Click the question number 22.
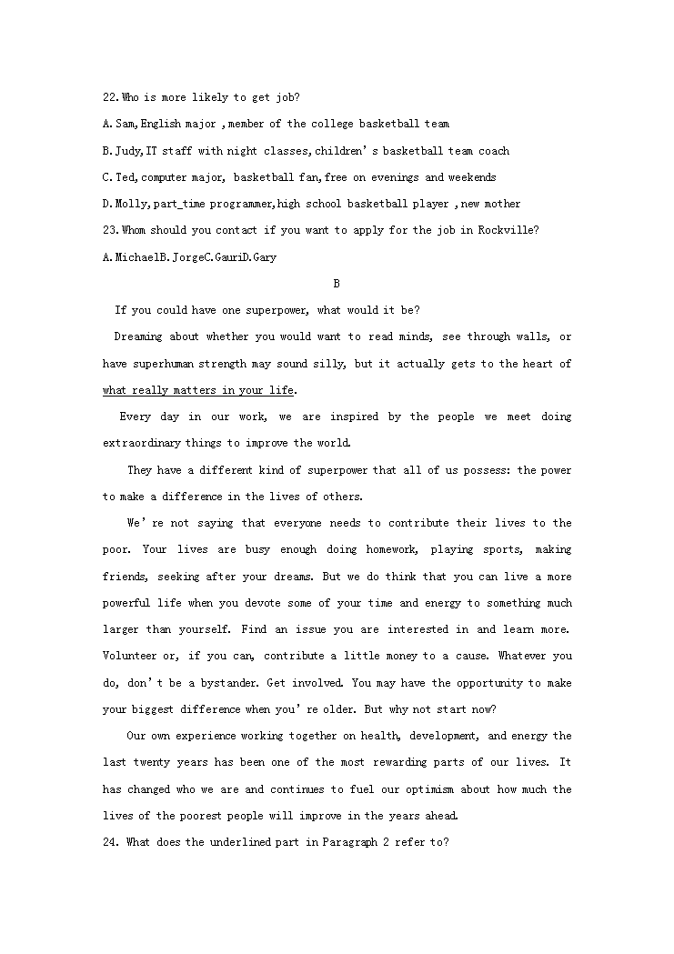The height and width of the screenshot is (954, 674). coord(110,97)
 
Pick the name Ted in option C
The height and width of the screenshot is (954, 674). coord(126,177)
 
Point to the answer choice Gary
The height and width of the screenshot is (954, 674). coord(263,257)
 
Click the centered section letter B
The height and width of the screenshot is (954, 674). coord(337,284)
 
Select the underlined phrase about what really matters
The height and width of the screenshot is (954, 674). coord(198,390)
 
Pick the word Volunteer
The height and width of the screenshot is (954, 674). coord(129,656)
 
